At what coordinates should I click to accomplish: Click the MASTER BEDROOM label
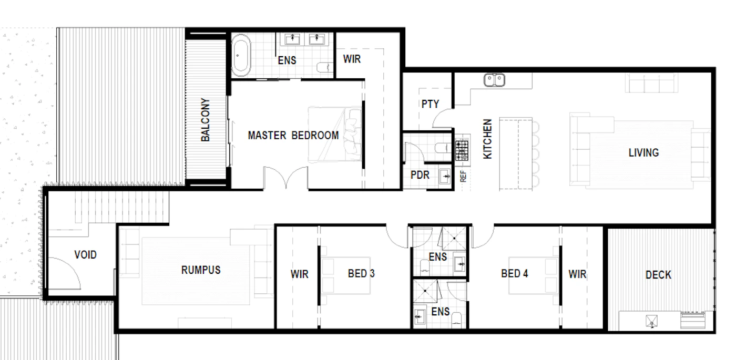(293, 136)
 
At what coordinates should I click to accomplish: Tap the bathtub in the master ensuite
(241, 55)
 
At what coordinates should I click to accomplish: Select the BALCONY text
(205, 120)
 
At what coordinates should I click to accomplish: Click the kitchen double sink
(494, 80)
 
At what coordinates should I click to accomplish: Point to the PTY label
(430, 104)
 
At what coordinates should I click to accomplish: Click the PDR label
(420, 175)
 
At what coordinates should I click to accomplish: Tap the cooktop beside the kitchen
(462, 150)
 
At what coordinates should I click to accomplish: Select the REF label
(463, 177)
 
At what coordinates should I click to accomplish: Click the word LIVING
(643, 153)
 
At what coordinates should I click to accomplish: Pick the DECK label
(658, 275)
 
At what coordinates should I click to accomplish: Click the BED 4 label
(515, 274)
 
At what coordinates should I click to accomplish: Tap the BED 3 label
(361, 274)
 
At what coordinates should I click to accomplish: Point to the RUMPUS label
(201, 270)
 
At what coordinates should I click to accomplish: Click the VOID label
(85, 254)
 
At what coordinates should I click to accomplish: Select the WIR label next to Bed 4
(577, 274)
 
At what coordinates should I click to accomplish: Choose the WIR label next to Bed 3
(299, 274)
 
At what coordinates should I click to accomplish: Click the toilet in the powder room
(443, 148)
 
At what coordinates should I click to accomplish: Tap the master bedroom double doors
(285, 178)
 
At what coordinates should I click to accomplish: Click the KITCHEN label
(488, 139)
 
